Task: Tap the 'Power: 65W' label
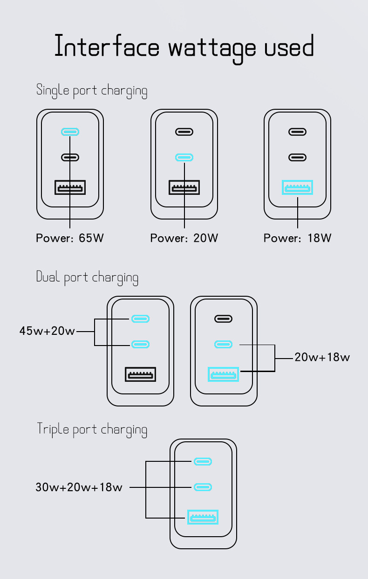70,238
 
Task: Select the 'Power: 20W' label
184,238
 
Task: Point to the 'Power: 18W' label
298,238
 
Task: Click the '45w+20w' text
47,331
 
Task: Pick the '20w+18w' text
322,357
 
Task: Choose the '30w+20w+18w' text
79,487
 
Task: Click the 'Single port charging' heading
92,90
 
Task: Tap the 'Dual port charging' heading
87,278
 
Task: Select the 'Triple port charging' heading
92,429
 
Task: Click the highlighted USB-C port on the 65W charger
70,132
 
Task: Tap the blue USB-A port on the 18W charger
298,188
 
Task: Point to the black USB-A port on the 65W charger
70,188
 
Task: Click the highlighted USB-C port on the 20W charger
184,157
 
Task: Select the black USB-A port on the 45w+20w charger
140,374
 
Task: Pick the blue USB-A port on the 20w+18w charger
224,374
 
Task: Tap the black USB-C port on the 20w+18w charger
224,319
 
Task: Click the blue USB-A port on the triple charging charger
203,517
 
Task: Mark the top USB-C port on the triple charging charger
203,462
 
